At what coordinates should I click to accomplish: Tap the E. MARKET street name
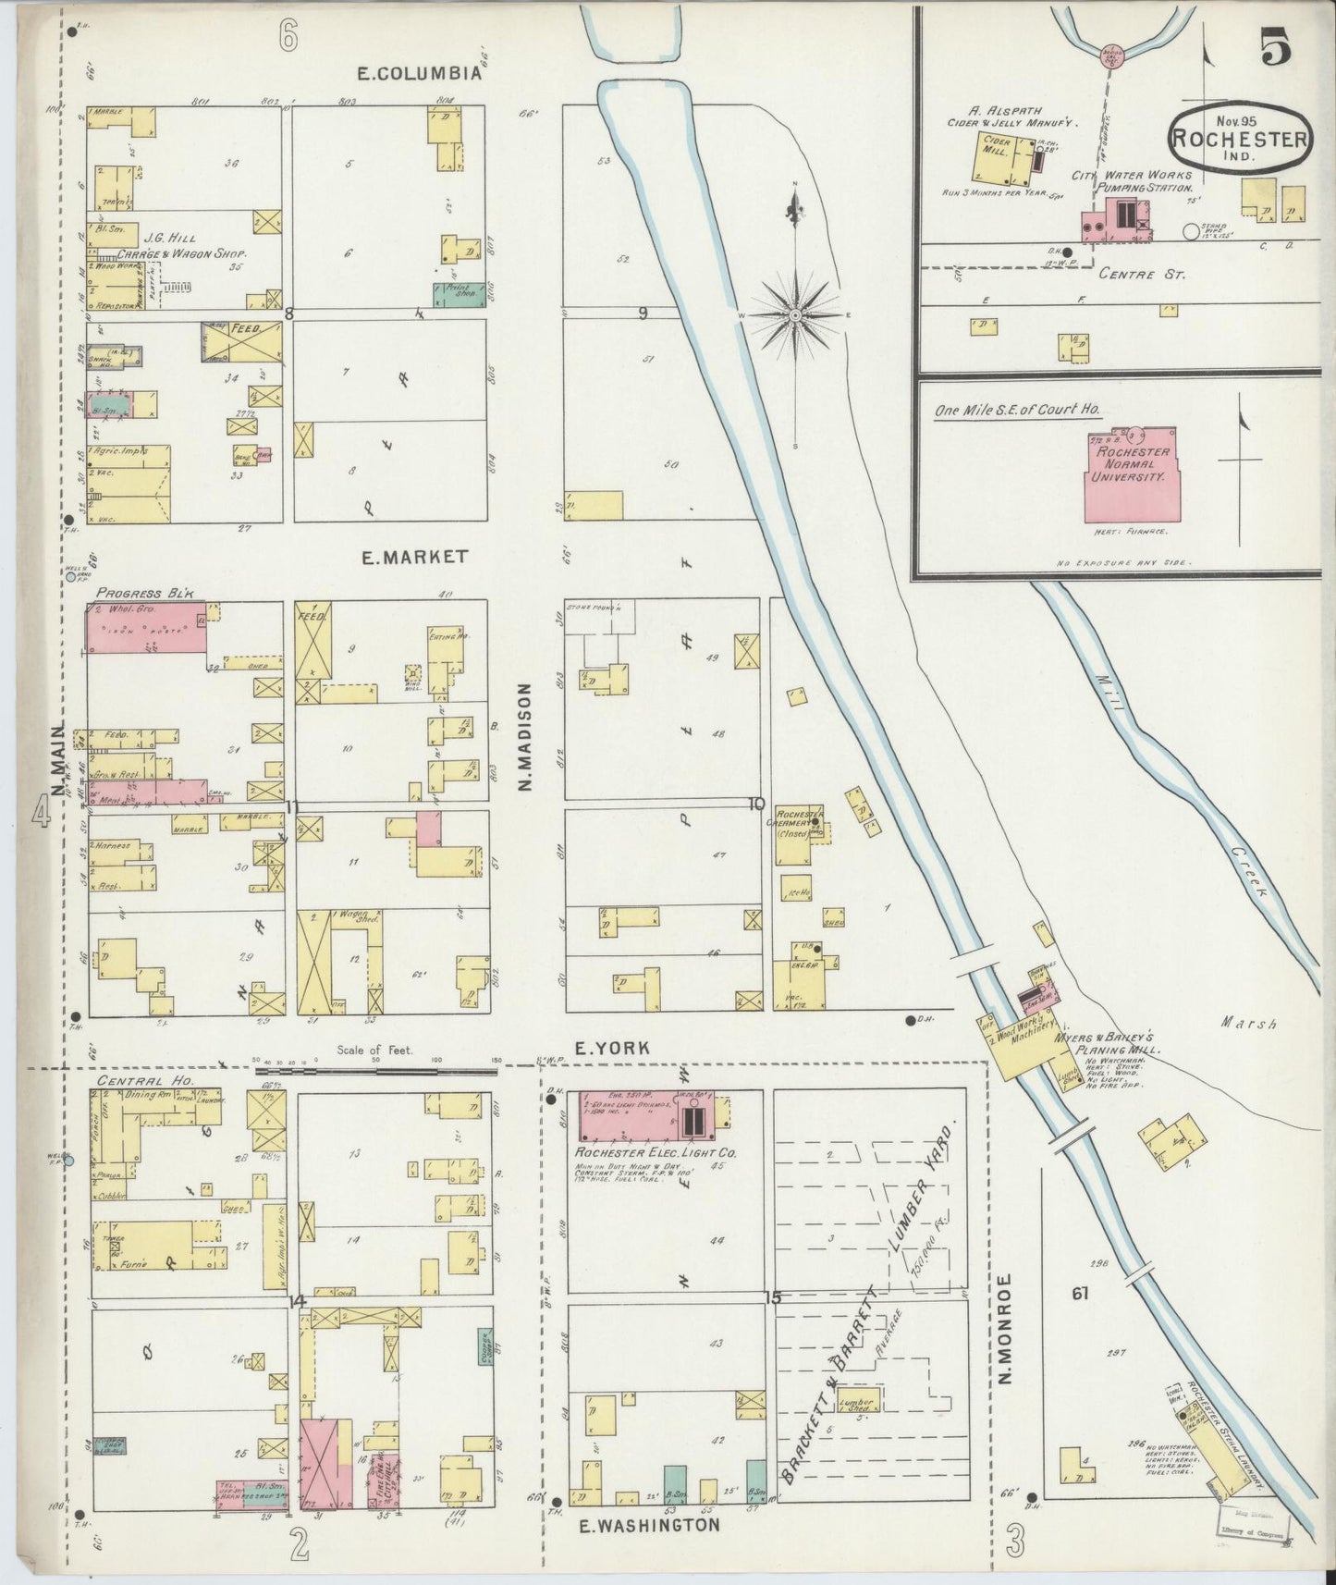[x=413, y=558]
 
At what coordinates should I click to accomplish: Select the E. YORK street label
[x=612, y=1048]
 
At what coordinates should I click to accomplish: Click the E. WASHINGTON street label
[x=649, y=1526]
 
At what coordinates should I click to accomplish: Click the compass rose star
[x=794, y=315]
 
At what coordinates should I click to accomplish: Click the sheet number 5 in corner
[x=1276, y=51]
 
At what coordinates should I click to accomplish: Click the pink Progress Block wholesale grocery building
[x=145, y=629]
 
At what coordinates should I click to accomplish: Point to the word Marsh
[x=1248, y=1023]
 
